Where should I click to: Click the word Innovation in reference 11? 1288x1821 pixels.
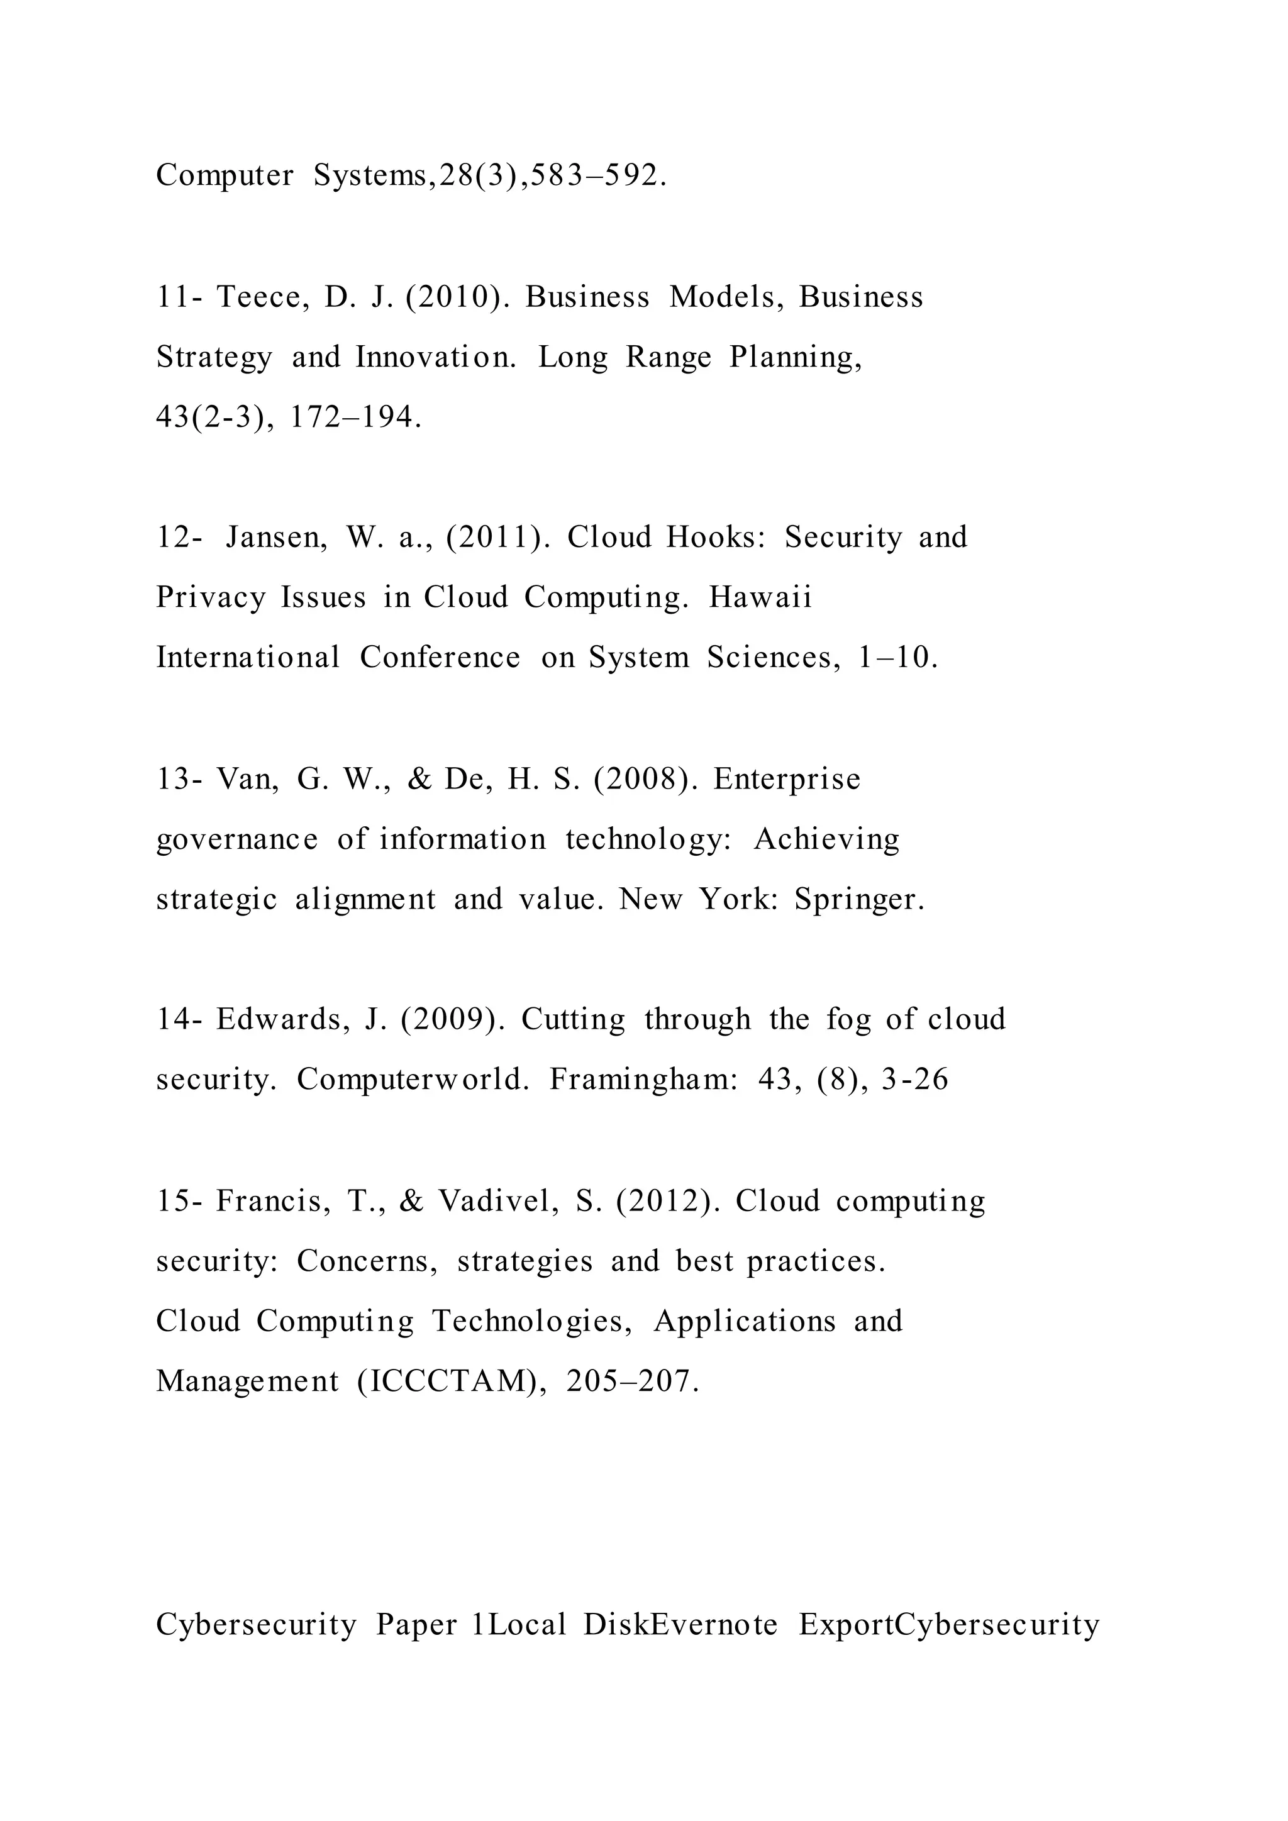coord(435,357)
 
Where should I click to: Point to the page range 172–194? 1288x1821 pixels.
coord(356,417)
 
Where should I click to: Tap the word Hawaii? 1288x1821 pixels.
coord(760,597)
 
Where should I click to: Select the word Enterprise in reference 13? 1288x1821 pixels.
coord(787,779)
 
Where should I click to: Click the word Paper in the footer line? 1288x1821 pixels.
coord(416,1624)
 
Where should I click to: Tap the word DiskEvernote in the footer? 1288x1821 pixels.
coord(680,1624)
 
